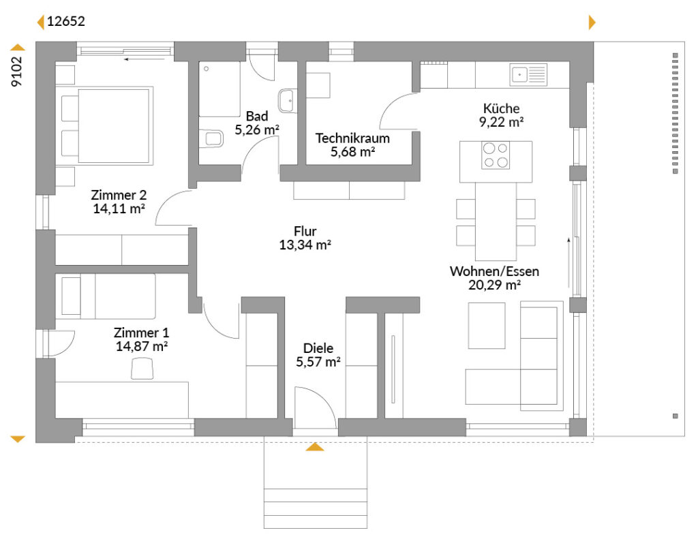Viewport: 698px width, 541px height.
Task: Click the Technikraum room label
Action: pyautogui.click(x=352, y=138)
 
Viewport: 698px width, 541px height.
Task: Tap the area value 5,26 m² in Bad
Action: pyautogui.click(x=257, y=130)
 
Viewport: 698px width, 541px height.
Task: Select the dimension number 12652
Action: pyautogui.click(x=66, y=21)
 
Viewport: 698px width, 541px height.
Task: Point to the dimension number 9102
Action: pyautogui.click(x=16, y=72)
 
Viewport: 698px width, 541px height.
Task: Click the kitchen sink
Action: pyautogui.click(x=528, y=74)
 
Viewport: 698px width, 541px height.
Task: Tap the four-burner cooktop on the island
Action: pyautogui.click(x=496, y=155)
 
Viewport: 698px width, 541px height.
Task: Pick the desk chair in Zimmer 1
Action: pyautogui.click(x=142, y=369)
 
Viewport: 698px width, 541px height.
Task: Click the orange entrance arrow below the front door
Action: pyautogui.click(x=315, y=446)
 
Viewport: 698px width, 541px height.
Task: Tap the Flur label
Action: pyautogui.click(x=305, y=232)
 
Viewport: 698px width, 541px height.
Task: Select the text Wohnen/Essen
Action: pyautogui.click(x=494, y=271)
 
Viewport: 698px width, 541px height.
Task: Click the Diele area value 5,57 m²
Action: pyautogui.click(x=318, y=362)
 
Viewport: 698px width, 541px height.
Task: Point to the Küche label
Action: pyautogui.click(x=501, y=108)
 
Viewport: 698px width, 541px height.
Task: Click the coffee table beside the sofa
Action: pyautogui.click(x=487, y=326)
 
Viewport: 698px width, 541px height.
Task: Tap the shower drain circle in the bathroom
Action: pyautogui.click(x=207, y=69)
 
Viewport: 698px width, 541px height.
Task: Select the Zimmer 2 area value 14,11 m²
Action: pyautogui.click(x=119, y=208)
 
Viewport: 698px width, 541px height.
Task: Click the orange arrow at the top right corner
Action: pyautogui.click(x=592, y=22)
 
